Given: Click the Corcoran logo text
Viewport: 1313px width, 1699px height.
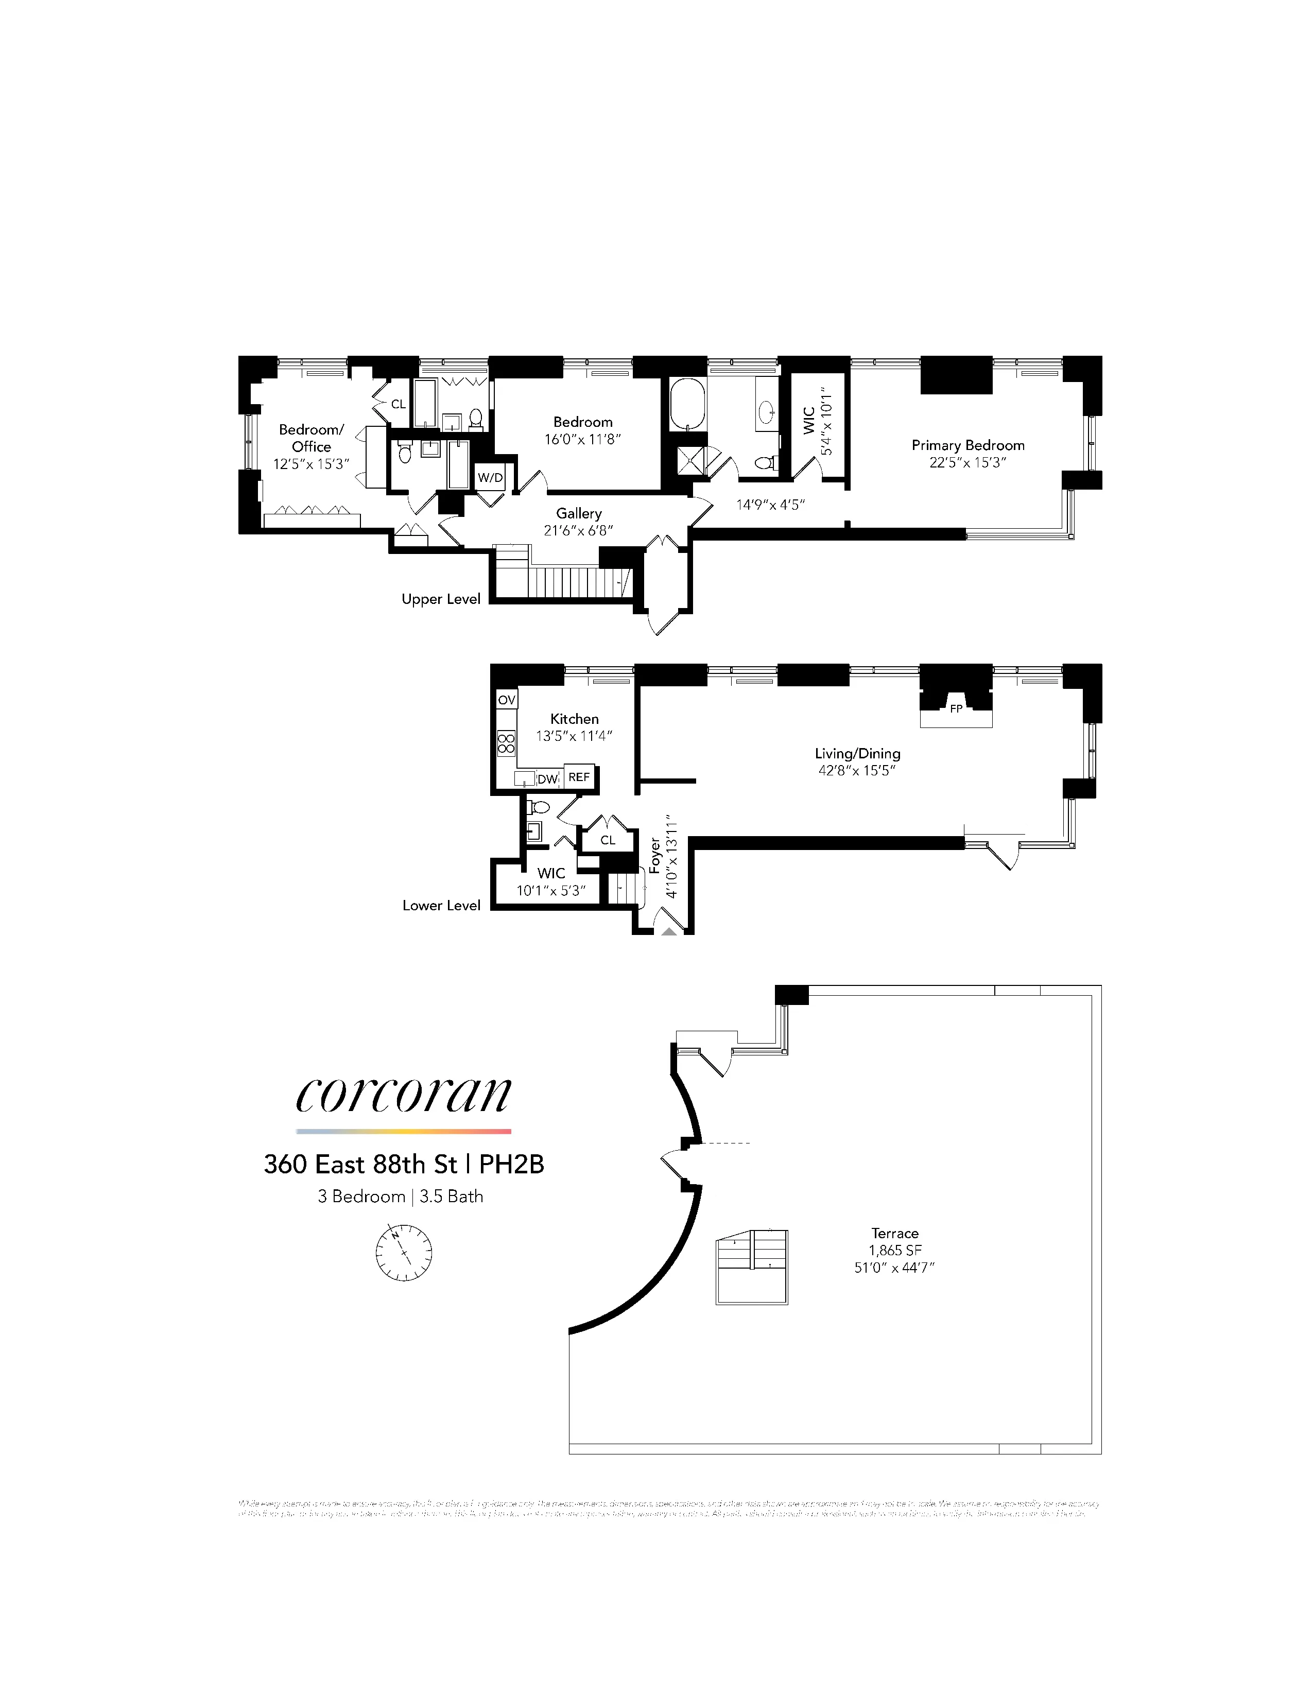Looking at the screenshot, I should point(404,1095).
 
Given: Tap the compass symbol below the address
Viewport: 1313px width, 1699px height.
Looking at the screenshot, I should point(404,1253).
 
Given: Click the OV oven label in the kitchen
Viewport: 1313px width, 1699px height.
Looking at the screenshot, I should point(506,699).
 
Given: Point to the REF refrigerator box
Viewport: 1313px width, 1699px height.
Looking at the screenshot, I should point(579,777).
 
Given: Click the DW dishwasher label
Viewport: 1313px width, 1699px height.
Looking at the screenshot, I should point(548,778).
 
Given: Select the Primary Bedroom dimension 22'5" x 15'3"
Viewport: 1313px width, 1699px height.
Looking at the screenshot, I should point(968,462).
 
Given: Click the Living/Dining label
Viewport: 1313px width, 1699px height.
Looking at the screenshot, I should point(857,753).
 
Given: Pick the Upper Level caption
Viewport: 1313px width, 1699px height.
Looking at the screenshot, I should point(440,599).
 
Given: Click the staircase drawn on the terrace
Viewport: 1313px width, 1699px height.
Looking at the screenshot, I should point(751,1267).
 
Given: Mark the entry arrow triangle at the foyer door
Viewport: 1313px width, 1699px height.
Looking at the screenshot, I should point(669,930).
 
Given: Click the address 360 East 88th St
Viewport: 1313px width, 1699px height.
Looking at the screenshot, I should point(360,1165).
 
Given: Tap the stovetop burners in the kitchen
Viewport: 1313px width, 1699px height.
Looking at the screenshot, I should point(506,743).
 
